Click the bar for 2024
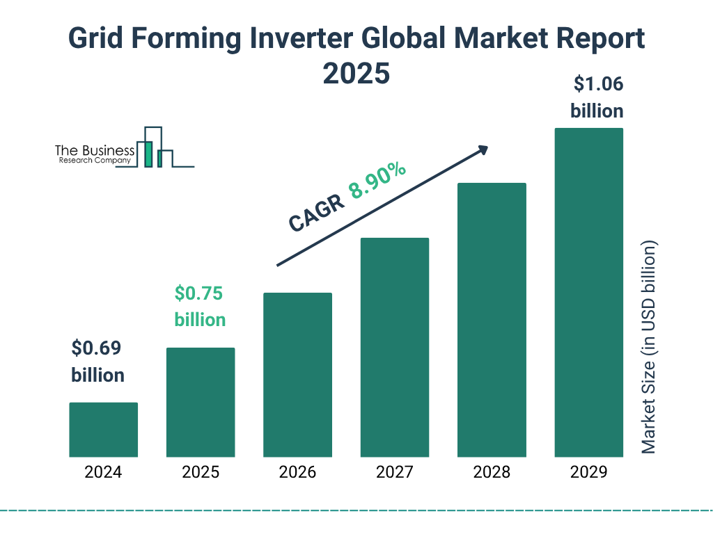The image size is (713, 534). point(103,430)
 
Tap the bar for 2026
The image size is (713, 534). point(297,375)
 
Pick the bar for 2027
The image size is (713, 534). point(395,347)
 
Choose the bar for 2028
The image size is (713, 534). point(492,320)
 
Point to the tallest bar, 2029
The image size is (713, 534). point(588,292)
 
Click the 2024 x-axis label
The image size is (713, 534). point(103,473)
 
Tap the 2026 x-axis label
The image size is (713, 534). point(297,473)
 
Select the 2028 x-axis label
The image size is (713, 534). point(492,473)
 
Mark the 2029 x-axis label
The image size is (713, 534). point(588,473)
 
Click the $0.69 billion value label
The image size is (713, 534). point(97,362)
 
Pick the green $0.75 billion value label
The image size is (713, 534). point(200,306)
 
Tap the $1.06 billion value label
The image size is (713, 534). point(597,97)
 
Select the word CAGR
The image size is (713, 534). point(315,212)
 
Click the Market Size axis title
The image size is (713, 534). point(649,348)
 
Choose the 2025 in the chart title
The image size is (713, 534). point(356,73)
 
